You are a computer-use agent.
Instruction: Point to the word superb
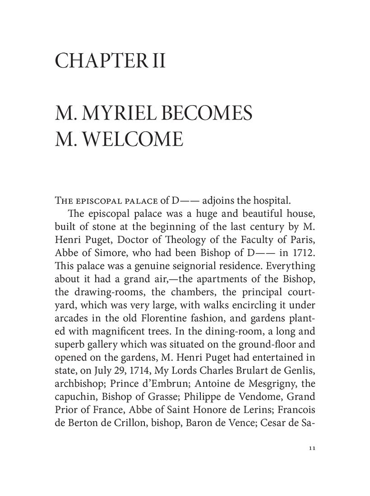pyautogui.click(x=69, y=316)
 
